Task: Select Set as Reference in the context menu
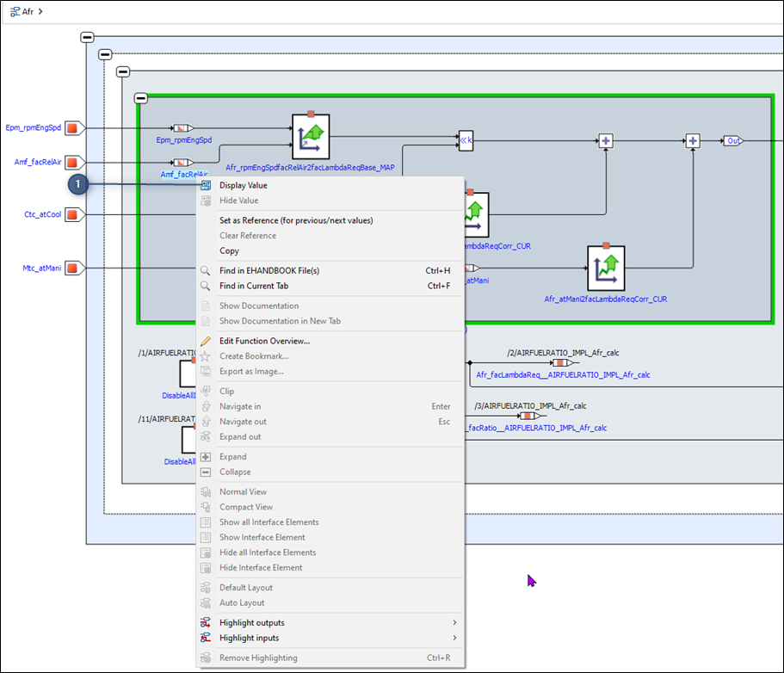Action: pos(295,220)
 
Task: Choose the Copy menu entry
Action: pos(229,250)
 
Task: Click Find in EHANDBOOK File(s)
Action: pos(269,270)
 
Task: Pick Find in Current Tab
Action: pos(253,286)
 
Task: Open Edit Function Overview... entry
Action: pos(264,341)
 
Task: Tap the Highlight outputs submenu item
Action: pos(251,623)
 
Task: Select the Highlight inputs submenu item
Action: pos(249,638)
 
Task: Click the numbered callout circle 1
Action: pos(78,184)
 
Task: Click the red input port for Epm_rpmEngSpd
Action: pos(73,128)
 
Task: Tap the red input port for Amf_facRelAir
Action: pos(73,162)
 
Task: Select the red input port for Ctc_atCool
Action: pos(73,214)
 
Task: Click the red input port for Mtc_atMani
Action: pos(73,269)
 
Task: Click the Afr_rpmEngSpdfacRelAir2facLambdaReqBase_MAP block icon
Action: pos(311,136)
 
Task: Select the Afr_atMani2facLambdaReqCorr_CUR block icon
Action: pos(606,269)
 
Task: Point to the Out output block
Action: pos(733,140)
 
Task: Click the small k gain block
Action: pos(466,140)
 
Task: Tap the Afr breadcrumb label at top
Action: pos(28,11)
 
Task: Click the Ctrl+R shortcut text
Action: pos(438,658)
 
